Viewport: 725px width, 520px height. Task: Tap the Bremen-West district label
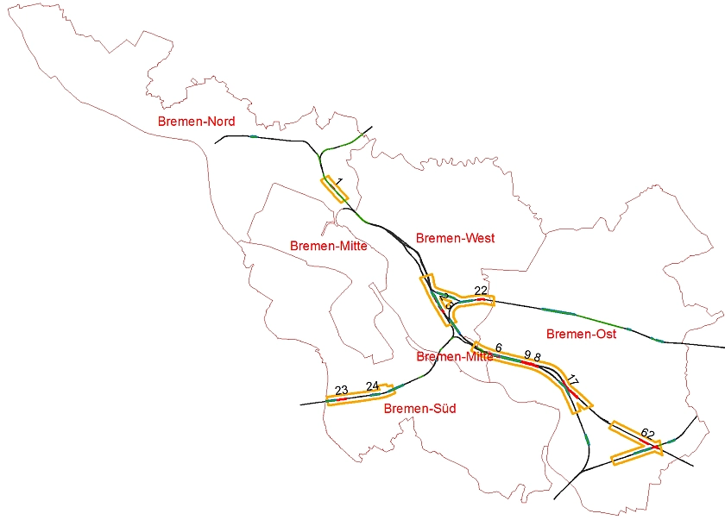point(455,238)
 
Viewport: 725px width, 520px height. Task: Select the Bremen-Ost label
point(581,334)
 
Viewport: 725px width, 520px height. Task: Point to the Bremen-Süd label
point(419,409)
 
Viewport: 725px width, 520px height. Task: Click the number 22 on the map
point(481,291)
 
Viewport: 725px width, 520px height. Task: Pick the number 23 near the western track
point(341,390)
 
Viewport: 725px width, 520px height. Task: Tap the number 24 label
point(372,385)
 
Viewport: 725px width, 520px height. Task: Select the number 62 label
point(648,434)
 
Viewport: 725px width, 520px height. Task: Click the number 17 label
point(573,380)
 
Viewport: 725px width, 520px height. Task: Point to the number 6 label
point(498,348)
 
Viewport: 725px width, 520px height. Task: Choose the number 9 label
point(527,354)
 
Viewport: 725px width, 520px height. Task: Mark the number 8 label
point(537,357)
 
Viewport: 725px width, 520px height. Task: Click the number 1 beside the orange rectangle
point(339,182)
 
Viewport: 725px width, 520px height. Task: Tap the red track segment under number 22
point(480,298)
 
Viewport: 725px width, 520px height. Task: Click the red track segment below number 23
point(341,399)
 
